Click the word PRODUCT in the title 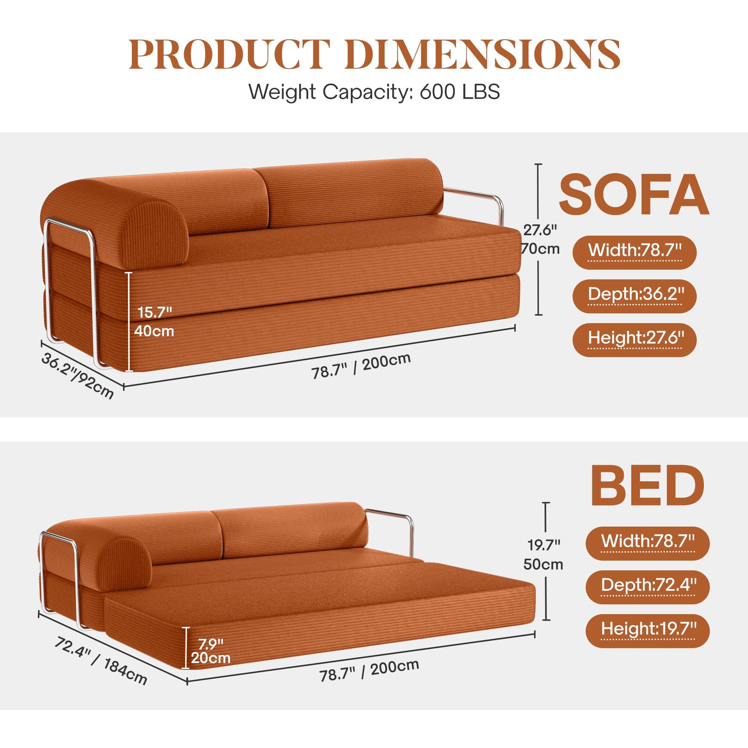point(229,54)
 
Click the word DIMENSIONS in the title point(482,54)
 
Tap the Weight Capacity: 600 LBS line point(374,92)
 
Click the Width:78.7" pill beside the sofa point(634,251)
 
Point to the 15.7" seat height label point(155,312)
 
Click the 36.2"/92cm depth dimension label point(77,376)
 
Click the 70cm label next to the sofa point(541,249)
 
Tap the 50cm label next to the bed point(543,565)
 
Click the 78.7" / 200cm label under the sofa point(361,366)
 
